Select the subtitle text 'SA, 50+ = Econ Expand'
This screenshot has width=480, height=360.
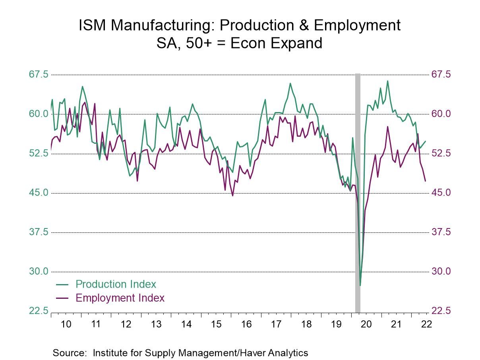tap(240, 43)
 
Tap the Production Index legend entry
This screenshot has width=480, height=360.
tap(116, 284)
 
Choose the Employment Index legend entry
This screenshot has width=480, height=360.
tap(120, 298)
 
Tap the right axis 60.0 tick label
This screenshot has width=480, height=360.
tap(441, 114)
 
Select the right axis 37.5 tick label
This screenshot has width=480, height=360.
tap(441, 232)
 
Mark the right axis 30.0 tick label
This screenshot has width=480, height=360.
tap(441, 271)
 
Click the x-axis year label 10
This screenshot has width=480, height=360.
tap(66, 324)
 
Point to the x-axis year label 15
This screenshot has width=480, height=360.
tap(216, 324)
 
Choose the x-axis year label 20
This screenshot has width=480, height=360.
tap(366, 324)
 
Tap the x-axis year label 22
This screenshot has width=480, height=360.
tap(426, 324)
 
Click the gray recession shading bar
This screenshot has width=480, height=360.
tap(358, 191)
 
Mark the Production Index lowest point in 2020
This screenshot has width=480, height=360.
tap(360, 285)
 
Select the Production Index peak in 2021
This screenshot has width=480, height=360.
tap(388, 81)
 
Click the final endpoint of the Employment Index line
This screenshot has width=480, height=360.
tap(426, 181)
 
